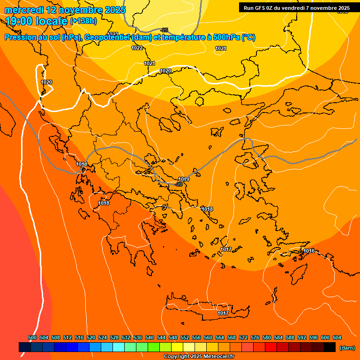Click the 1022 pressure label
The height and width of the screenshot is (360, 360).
pos(137,48)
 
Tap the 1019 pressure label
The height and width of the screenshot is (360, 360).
pos(184,179)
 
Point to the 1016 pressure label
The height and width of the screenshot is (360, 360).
pos(309,251)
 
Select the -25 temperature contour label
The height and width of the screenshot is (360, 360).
pos(164,30)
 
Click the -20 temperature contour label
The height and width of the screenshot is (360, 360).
pos(178,184)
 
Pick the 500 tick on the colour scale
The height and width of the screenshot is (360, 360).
pos(32,337)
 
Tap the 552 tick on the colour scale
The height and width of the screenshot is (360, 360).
pos(185,337)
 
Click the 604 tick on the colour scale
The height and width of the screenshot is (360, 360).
pos(337,337)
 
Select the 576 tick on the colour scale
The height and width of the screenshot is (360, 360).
pos(255,337)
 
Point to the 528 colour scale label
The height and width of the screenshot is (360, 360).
pos(114,337)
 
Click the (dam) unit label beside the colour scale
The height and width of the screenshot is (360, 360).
pos(347,348)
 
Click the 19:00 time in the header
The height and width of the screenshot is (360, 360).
pos(19,21)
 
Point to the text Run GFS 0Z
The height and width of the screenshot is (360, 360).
pos(259,8)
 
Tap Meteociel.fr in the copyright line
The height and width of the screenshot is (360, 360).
pos(217,357)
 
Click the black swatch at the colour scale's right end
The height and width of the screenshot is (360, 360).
pos(330,347)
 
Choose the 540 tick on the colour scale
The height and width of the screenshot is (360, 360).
pos(150,337)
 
